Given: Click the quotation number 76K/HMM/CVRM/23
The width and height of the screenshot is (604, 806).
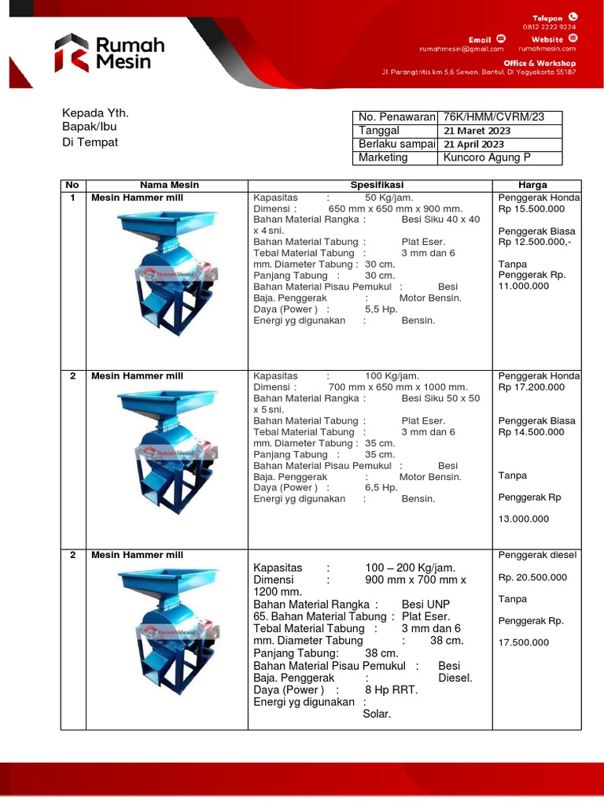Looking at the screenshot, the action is pos(493,117).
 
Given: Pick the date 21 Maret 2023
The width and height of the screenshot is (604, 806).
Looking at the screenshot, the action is pos(477,131).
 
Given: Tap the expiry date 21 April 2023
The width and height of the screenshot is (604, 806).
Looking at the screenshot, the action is pos(474,144).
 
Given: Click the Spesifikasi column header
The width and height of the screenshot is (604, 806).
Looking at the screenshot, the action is pos(372,185).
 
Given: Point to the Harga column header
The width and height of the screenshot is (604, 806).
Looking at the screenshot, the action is pos(539,185).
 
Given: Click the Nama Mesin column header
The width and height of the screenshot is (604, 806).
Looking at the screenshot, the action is pos(169,185).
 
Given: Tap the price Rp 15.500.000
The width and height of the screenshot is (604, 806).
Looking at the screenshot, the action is pos(532,209).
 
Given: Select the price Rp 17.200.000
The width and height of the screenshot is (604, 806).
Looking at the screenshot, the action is pos(532,387).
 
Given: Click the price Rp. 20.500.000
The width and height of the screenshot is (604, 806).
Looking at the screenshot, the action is pos(532,577).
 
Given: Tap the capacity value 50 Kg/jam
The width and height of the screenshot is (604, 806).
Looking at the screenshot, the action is pos(389,198).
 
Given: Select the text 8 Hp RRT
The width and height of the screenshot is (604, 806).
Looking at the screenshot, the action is pos(392,690).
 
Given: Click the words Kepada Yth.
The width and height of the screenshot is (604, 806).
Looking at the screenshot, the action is pos(95,113).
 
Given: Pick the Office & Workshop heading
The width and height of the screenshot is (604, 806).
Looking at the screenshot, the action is pos(540,63).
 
